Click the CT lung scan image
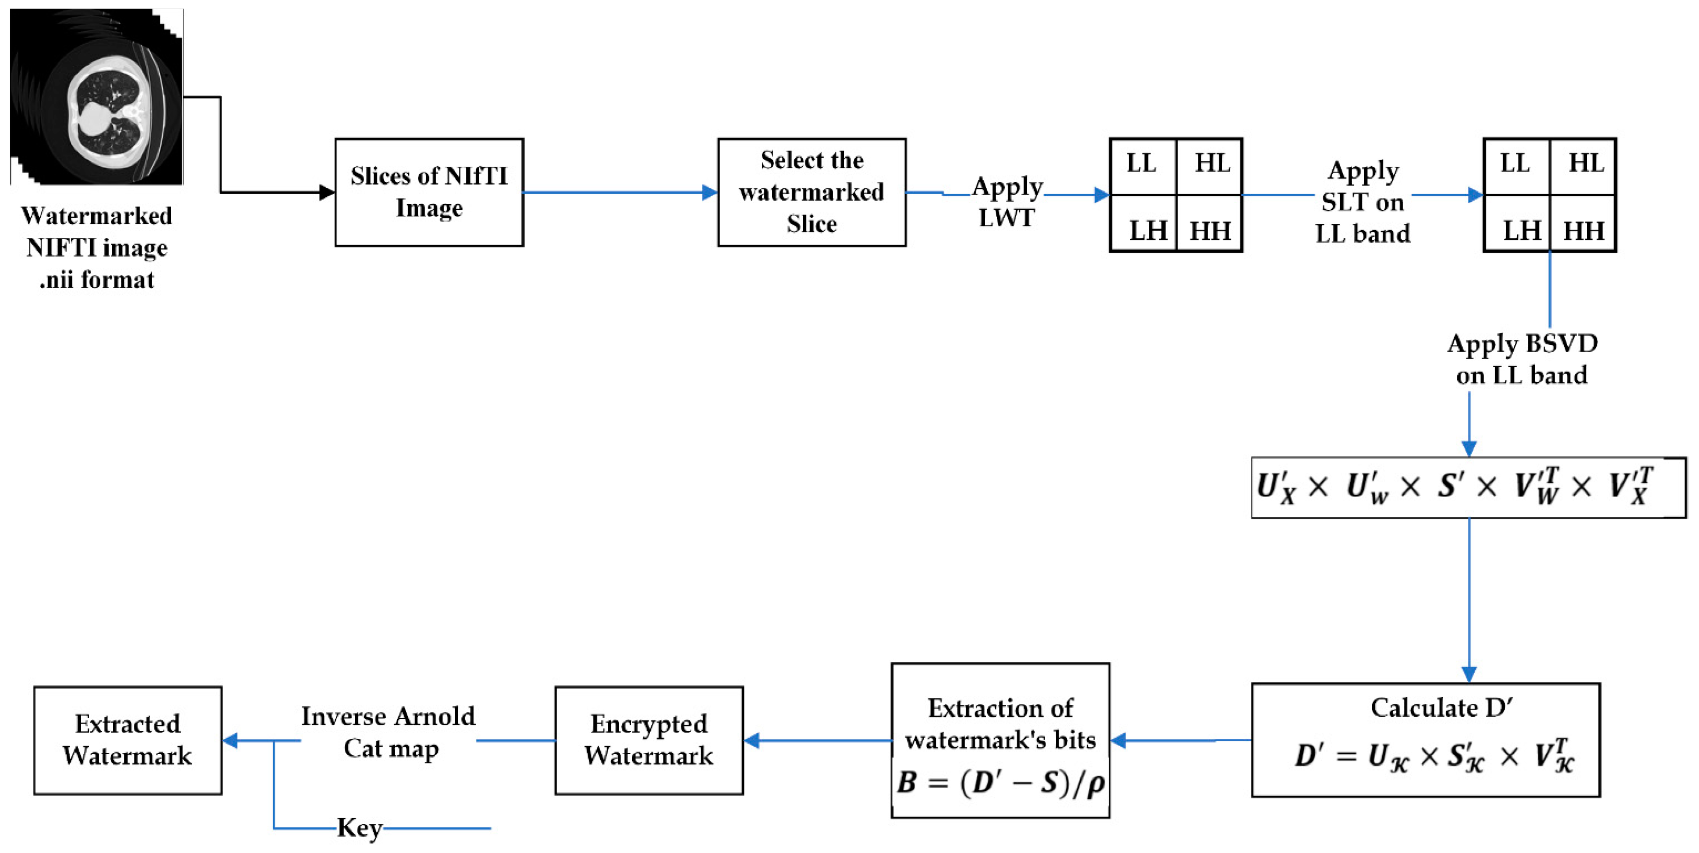(x=97, y=97)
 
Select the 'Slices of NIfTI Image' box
(x=429, y=192)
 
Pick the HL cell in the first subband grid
(x=1212, y=163)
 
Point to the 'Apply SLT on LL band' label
(x=1363, y=202)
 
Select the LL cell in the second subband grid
(x=1515, y=163)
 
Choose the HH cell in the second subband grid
(x=1583, y=231)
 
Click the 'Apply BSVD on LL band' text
(x=1522, y=359)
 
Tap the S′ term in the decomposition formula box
(x=1451, y=487)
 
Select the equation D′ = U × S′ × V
(x=1435, y=756)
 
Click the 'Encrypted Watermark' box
(x=649, y=740)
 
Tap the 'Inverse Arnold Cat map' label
(x=389, y=732)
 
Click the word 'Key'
(x=359, y=828)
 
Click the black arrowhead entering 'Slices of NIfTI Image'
(x=327, y=192)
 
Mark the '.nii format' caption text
(x=97, y=280)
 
